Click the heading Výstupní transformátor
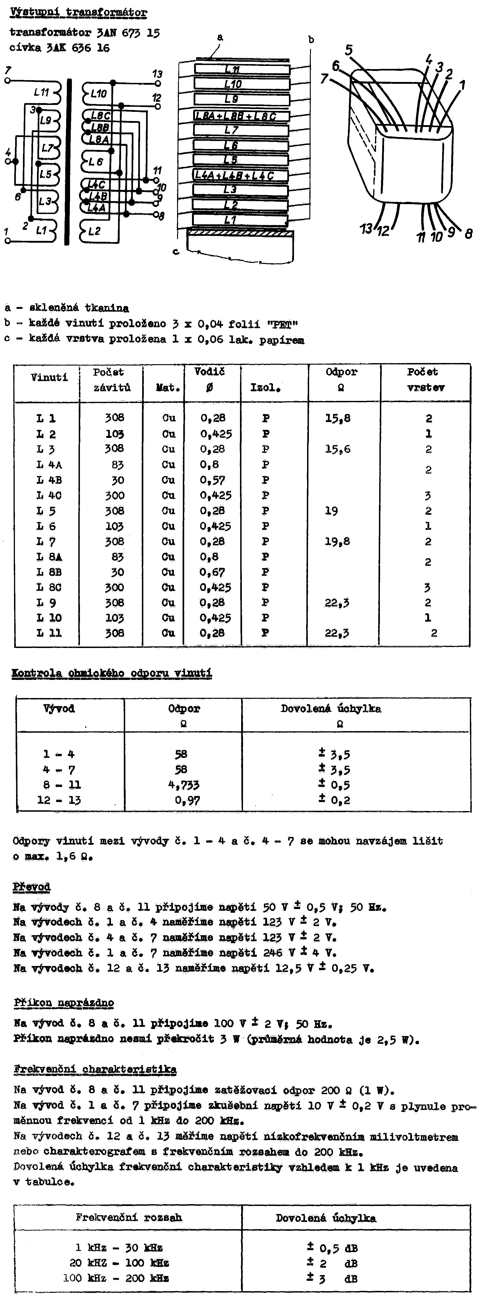[x=79, y=12]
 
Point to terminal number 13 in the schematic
[x=158, y=74]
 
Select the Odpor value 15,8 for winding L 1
[x=338, y=418]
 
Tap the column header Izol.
[x=265, y=388]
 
